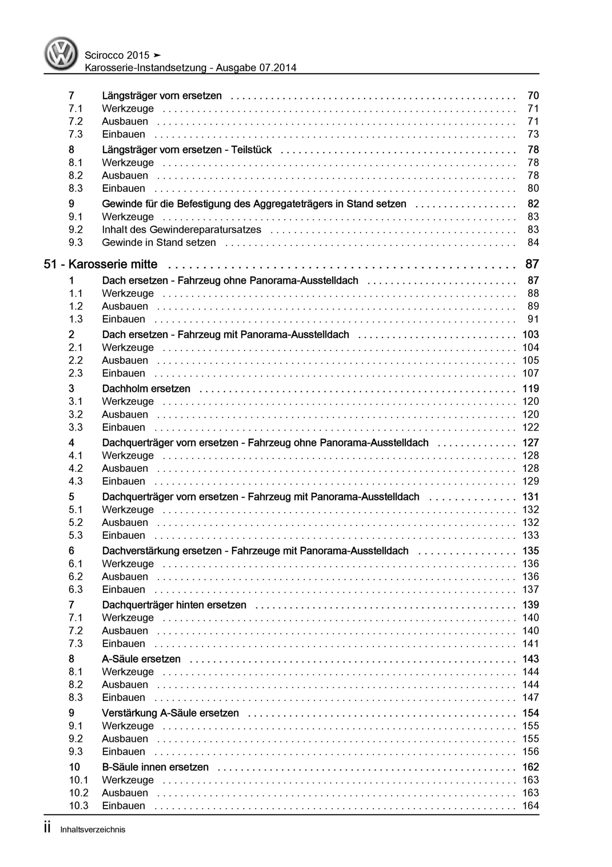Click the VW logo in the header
click(61, 54)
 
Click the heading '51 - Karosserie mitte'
click(100, 264)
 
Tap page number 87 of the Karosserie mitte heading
click(531, 264)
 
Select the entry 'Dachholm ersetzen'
click(146, 388)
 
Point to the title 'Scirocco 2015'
click(117, 56)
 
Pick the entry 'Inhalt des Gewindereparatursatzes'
click(181, 230)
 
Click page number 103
click(530, 335)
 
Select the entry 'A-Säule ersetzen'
click(141, 659)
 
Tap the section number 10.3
click(78, 805)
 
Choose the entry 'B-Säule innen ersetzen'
click(155, 767)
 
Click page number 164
click(530, 805)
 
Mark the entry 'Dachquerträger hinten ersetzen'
click(174, 605)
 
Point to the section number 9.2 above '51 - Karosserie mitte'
click(75, 230)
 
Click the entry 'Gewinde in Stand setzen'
click(159, 242)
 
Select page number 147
click(530, 697)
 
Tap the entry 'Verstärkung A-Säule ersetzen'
click(170, 713)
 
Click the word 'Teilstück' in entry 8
click(251, 150)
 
